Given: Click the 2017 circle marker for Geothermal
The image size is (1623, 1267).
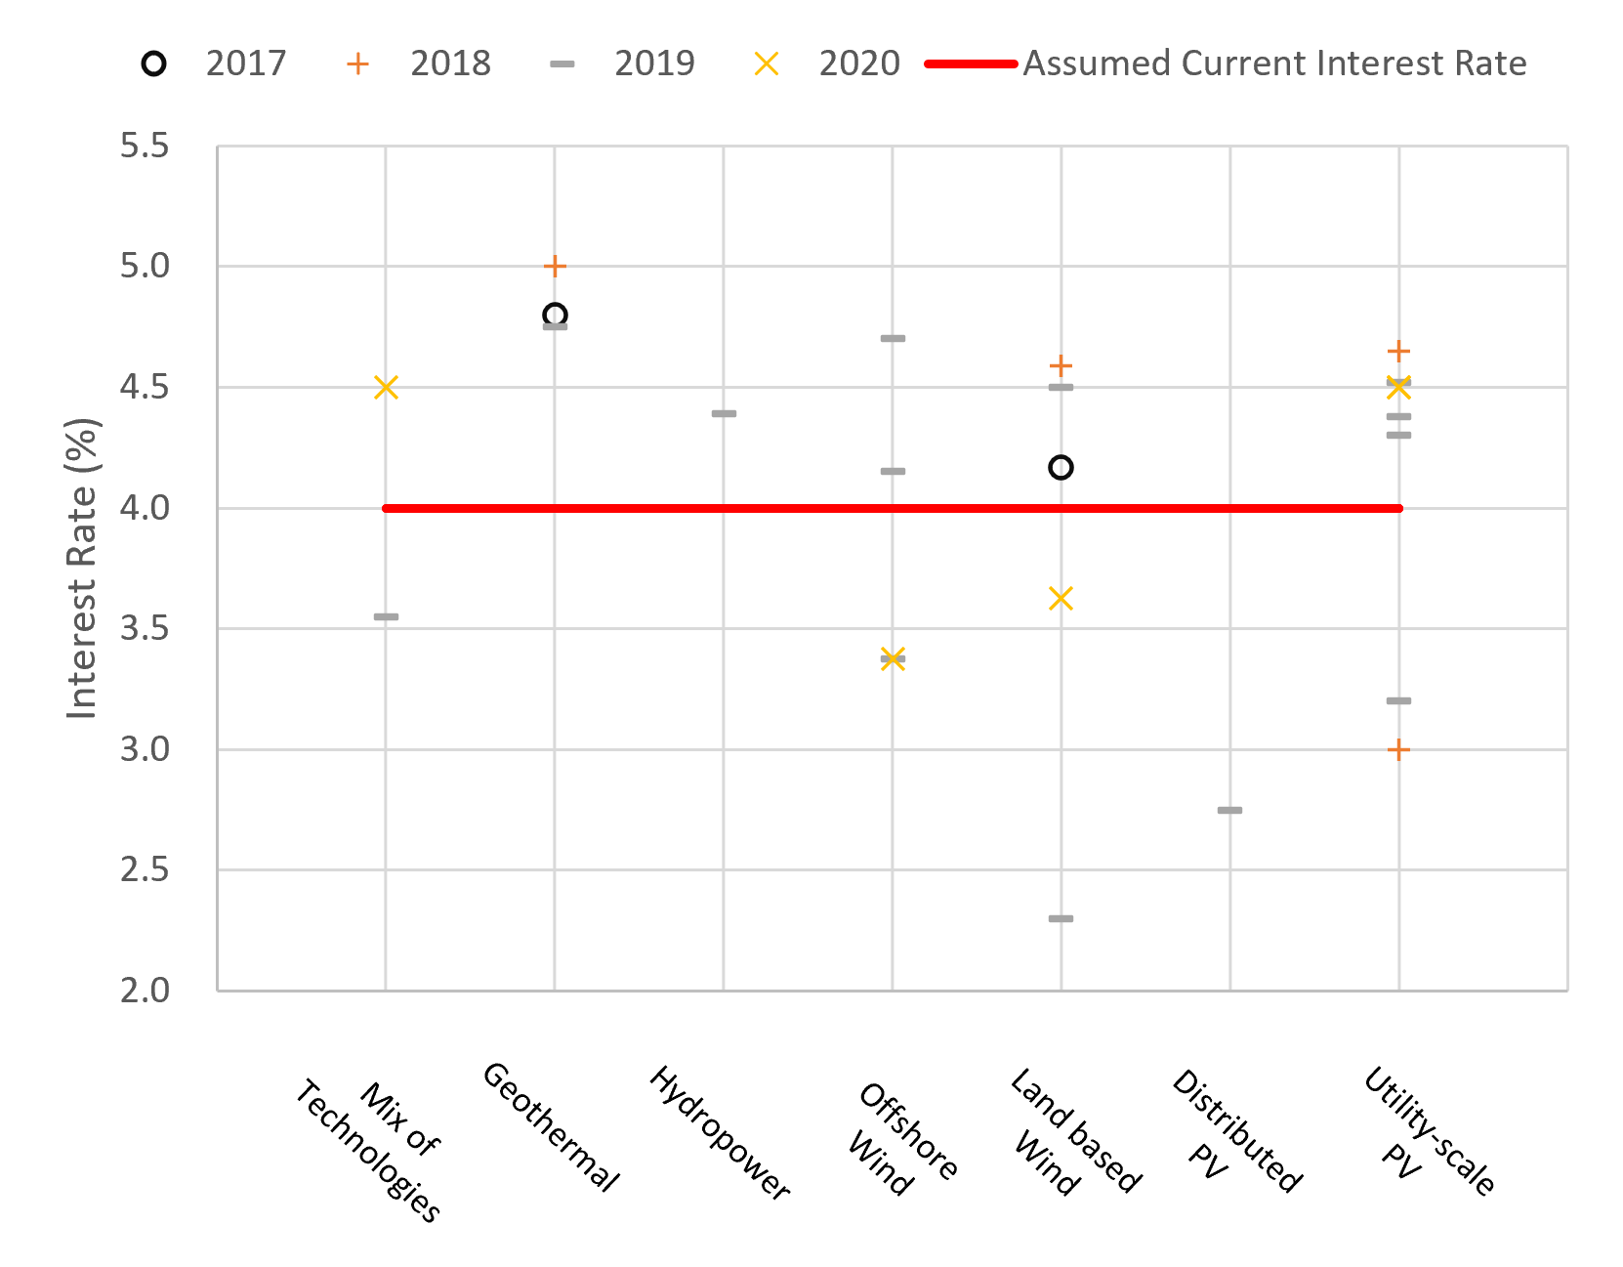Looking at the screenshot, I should point(555,315).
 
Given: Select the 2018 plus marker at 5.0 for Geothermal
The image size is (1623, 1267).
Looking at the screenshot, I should point(555,266).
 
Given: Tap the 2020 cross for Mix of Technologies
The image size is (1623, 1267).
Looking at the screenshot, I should point(386,388).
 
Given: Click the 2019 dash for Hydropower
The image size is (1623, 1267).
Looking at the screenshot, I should point(724,413).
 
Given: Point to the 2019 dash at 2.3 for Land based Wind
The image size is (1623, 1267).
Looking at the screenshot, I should point(1061,918).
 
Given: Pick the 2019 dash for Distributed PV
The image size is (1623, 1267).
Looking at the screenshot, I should point(1229,810).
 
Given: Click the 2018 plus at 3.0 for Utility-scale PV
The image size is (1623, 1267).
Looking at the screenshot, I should point(1398,750).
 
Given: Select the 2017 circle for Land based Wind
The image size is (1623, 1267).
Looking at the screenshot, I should point(1061,468).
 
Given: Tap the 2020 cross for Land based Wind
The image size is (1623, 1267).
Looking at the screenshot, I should point(1061,598).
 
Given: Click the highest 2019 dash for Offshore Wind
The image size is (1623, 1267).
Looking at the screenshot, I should point(893,338).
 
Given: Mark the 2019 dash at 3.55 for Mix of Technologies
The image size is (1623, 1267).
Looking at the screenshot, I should point(386,616).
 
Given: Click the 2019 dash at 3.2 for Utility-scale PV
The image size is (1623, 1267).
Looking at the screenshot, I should point(1398,700).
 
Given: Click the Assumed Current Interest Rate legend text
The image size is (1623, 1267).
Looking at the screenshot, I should point(1274,63).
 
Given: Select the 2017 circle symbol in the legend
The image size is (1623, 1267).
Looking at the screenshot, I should point(153,63).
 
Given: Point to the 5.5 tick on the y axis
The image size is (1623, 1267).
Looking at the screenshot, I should point(145,147).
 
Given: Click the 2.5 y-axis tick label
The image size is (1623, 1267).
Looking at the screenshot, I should point(145,869).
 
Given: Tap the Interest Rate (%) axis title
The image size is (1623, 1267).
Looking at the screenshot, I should point(82,569).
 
